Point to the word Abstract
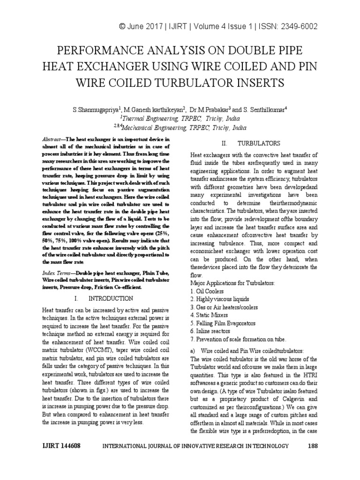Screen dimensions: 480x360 pos(52,140)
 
